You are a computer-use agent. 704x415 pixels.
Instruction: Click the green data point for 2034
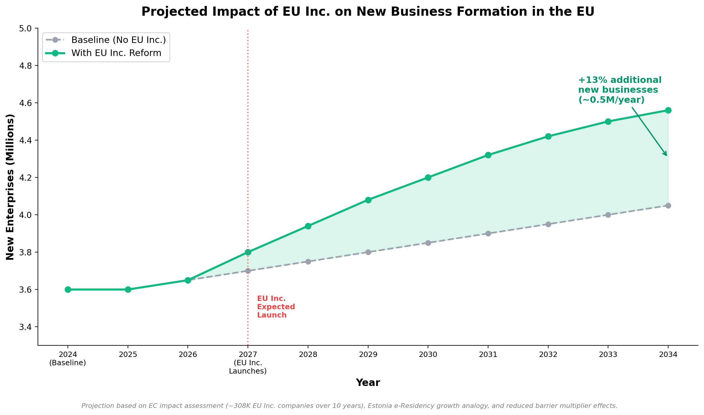tap(668, 110)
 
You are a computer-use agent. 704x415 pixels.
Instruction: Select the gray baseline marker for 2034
tap(668, 206)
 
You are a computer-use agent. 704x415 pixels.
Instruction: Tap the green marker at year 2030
tap(428, 177)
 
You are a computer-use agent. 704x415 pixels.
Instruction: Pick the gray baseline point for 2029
tap(368, 252)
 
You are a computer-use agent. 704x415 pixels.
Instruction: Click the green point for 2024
tap(68, 289)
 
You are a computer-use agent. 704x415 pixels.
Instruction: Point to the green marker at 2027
tap(248, 252)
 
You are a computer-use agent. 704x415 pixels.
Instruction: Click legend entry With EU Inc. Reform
tap(116, 53)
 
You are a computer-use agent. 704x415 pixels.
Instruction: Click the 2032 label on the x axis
tap(548, 355)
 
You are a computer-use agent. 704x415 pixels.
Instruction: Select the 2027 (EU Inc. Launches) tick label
tap(248, 363)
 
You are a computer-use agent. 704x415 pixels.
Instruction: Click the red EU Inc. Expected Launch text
tap(276, 307)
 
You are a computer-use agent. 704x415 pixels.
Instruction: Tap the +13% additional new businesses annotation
tap(620, 90)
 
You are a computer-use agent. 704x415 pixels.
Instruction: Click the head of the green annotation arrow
tap(666, 155)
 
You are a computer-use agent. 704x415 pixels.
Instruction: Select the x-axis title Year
tap(368, 383)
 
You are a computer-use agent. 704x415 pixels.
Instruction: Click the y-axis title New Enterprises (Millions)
tap(10, 187)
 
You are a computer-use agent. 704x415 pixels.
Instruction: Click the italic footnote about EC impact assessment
tap(349, 406)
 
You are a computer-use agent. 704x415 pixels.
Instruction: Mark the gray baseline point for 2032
tap(548, 224)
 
